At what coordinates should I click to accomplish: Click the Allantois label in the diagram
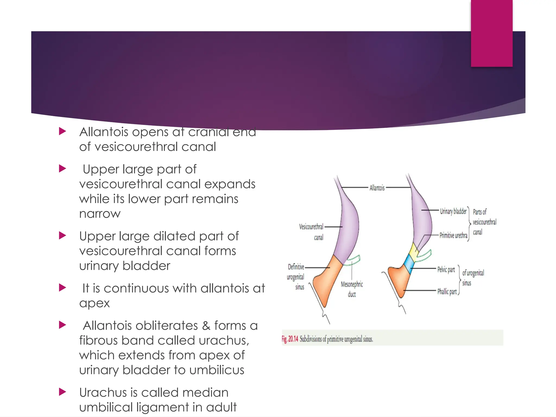click(377, 188)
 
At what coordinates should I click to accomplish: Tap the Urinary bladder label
click(453, 211)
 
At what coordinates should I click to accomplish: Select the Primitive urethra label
click(453, 235)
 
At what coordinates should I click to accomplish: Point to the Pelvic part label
click(446, 270)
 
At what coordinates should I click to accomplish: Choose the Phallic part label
click(447, 292)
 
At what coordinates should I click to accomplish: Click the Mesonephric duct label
click(352, 289)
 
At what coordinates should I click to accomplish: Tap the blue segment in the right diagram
click(409, 262)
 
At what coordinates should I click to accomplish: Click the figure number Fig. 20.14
click(290, 339)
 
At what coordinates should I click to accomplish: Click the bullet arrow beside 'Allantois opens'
click(63, 132)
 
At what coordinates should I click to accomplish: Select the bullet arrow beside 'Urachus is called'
click(63, 392)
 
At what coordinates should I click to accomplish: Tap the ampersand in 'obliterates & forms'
click(206, 326)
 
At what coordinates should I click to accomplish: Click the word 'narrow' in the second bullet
click(100, 214)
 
